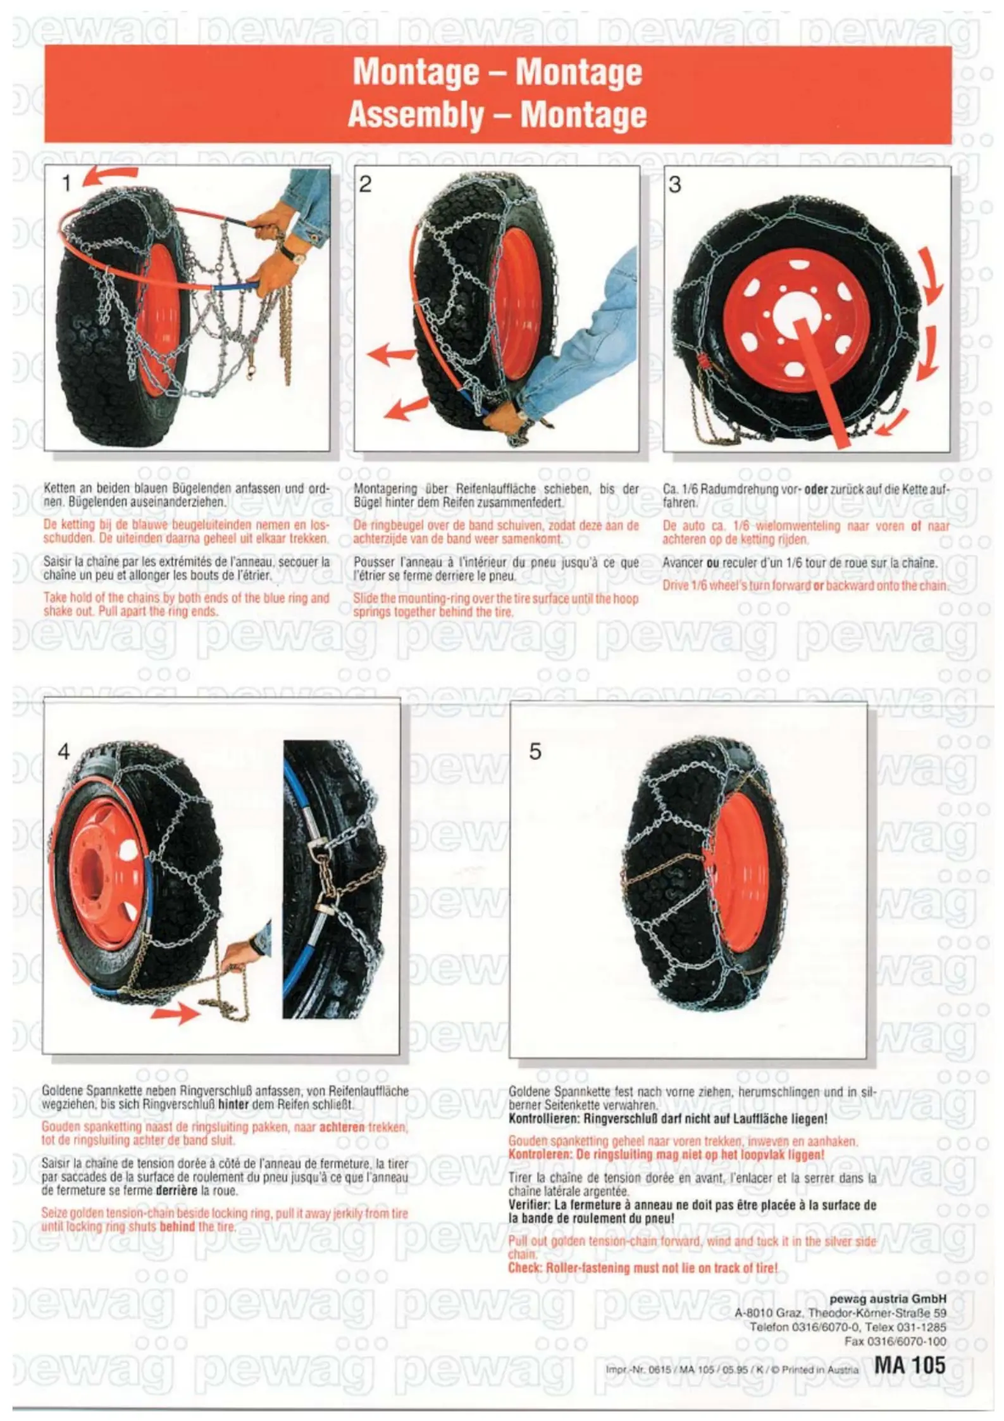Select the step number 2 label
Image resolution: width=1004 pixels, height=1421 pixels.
pyautogui.click(x=365, y=184)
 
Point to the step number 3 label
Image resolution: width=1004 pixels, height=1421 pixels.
pyautogui.click(x=674, y=185)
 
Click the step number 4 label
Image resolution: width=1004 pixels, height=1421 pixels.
pyautogui.click(x=63, y=751)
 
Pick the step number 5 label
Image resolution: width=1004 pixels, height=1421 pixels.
pyautogui.click(x=535, y=751)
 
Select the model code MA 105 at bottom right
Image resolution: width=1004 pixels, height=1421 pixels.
pyautogui.click(x=910, y=1364)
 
